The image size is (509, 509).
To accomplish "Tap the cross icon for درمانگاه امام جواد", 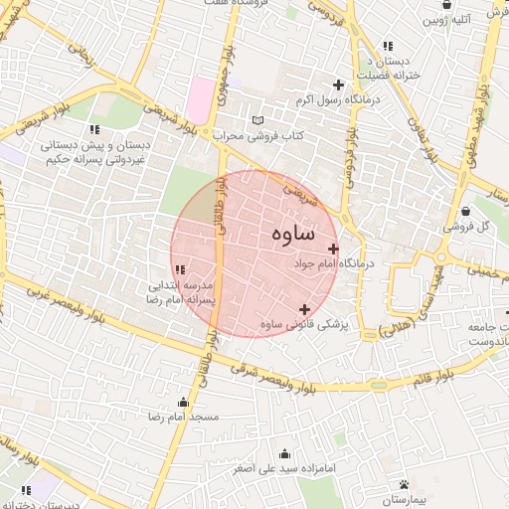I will (332, 249).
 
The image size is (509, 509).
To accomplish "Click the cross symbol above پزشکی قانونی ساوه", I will (304, 309).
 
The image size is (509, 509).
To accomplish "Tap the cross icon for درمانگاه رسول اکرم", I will (339, 85).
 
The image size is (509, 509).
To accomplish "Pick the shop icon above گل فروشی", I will (466, 211).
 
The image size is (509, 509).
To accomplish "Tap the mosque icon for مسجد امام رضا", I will (183, 402).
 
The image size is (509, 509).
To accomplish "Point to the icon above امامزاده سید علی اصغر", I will (285, 452).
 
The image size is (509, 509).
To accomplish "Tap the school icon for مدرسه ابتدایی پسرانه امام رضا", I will (180, 269).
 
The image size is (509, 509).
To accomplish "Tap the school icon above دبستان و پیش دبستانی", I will (93, 129).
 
